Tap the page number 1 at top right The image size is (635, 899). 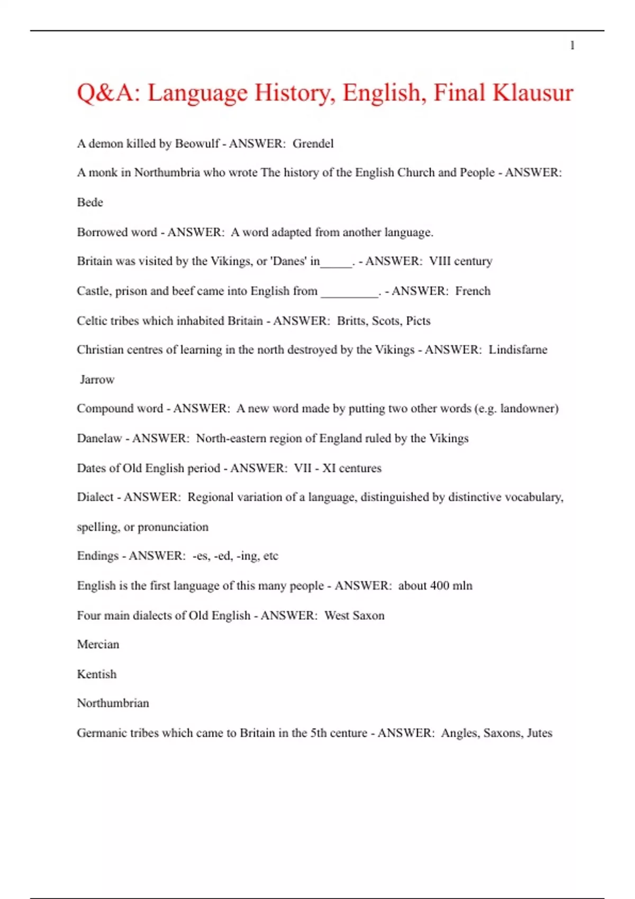coord(572,45)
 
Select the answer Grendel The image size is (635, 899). coord(313,144)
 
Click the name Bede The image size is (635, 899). coord(90,203)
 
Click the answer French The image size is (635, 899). coord(473,291)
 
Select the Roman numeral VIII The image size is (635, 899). coord(440,261)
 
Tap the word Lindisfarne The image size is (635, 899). coord(518,350)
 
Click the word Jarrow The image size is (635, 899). coord(97,380)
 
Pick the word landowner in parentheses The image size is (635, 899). coord(527,409)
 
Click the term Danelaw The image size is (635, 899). coord(99,438)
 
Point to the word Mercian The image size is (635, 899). coord(98,645)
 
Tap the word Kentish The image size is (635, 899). coord(96,674)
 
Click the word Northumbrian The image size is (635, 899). coord(113,703)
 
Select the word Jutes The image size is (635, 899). coord(539,733)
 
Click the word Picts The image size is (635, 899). coord(418,321)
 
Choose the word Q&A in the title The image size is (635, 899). coord(109,93)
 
